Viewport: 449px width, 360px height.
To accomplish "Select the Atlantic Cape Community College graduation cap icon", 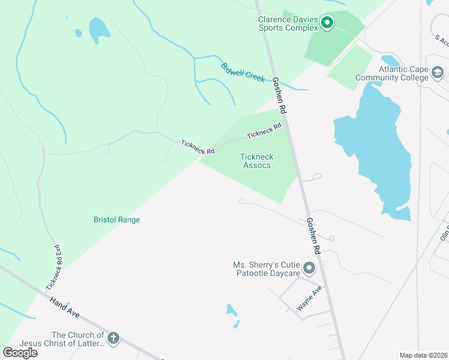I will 438,73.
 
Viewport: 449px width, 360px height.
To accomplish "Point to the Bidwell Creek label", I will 243,73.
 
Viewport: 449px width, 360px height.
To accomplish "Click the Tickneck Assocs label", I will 256,161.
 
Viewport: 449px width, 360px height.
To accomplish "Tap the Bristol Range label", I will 116,220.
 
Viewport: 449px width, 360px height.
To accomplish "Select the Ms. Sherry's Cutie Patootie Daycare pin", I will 309,268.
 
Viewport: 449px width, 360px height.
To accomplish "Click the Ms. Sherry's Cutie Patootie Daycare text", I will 267,269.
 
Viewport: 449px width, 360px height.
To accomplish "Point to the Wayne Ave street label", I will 309,299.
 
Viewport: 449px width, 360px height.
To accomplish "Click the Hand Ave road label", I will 65,308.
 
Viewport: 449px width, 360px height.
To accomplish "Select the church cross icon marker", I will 113,339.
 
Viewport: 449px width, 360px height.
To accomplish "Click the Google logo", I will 20,353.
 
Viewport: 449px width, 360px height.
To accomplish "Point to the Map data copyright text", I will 424,355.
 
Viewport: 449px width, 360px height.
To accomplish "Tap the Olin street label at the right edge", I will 444,235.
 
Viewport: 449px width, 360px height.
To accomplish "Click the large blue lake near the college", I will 378,150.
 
